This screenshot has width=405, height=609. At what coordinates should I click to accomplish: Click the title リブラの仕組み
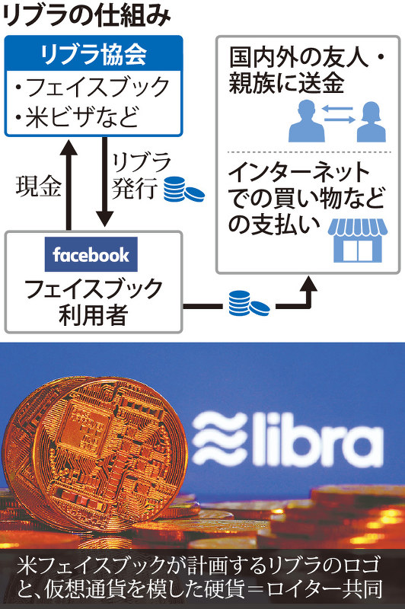tap(87, 16)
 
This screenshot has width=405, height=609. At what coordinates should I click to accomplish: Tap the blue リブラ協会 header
tap(93, 53)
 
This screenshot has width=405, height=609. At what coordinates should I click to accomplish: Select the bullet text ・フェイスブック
tap(92, 86)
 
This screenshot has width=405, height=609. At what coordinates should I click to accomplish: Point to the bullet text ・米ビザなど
tap(76, 116)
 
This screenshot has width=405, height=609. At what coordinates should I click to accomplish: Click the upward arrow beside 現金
tap(69, 184)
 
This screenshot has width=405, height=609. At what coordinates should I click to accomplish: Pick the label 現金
tap(38, 186)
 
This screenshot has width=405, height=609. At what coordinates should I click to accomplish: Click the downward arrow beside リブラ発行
tap(104, 181)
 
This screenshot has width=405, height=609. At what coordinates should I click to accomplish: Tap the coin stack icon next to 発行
tap(183, 189)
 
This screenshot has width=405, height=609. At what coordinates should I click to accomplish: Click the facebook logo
tap(91, 254)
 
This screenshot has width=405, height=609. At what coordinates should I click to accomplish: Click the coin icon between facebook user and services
tap(249, 303)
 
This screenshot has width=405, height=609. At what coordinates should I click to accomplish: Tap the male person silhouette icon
tap(306, 121)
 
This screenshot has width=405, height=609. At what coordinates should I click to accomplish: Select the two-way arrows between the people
tap(339, 114)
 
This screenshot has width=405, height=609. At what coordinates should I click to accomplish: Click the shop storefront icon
tap(358, 241)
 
